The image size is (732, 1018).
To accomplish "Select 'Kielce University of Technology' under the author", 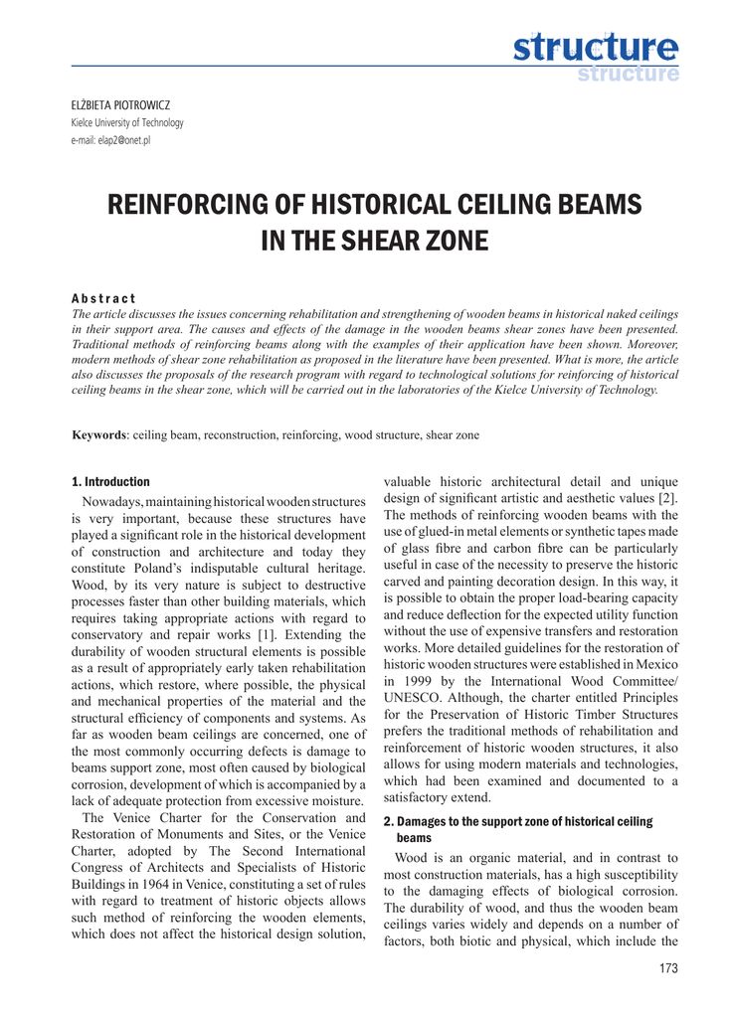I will [127, 122].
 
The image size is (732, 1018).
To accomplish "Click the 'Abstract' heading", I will [103, 298].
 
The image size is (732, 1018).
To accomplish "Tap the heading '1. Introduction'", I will [110, 481].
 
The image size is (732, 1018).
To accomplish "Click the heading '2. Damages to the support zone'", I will [517, 821].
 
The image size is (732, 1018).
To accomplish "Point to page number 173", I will [669, 969].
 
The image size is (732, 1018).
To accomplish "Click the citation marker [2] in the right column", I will [668, 496].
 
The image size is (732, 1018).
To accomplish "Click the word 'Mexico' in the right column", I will [656, 664].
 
